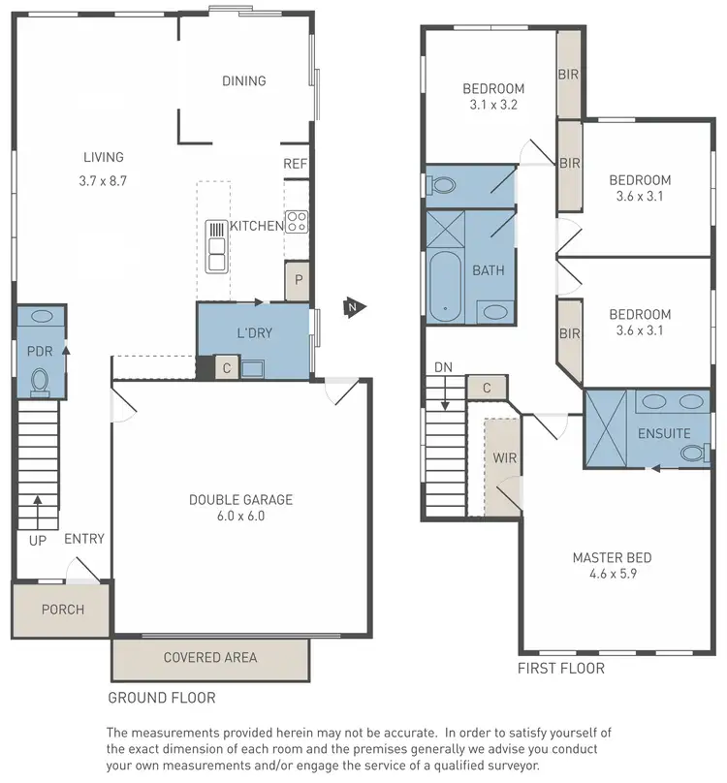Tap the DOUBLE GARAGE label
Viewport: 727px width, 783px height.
tap(240, 500)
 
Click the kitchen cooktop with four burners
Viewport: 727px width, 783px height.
tap(297, 222)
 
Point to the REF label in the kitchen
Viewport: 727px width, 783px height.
tap(295, 164)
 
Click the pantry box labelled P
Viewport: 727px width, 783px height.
tap(299, 280)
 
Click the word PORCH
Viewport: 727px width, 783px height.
tap(62, 610)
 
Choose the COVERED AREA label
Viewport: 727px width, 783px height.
tap(210, 657)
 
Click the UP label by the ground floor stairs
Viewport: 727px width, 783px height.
tap(37, 540)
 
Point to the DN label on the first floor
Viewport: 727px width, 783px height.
tap(442, 366)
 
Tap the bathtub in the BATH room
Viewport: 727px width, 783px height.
tap(444, 286)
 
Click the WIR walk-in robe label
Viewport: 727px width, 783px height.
tap(504, 457)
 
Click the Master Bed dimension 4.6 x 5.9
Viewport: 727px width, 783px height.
tap(612, 574)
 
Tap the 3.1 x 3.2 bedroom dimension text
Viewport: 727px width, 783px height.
tap(492, 106)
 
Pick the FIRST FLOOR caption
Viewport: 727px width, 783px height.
tap(560, 668)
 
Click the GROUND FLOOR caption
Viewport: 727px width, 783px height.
tap(161, 697)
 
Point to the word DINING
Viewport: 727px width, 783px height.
tap(243, 81)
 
